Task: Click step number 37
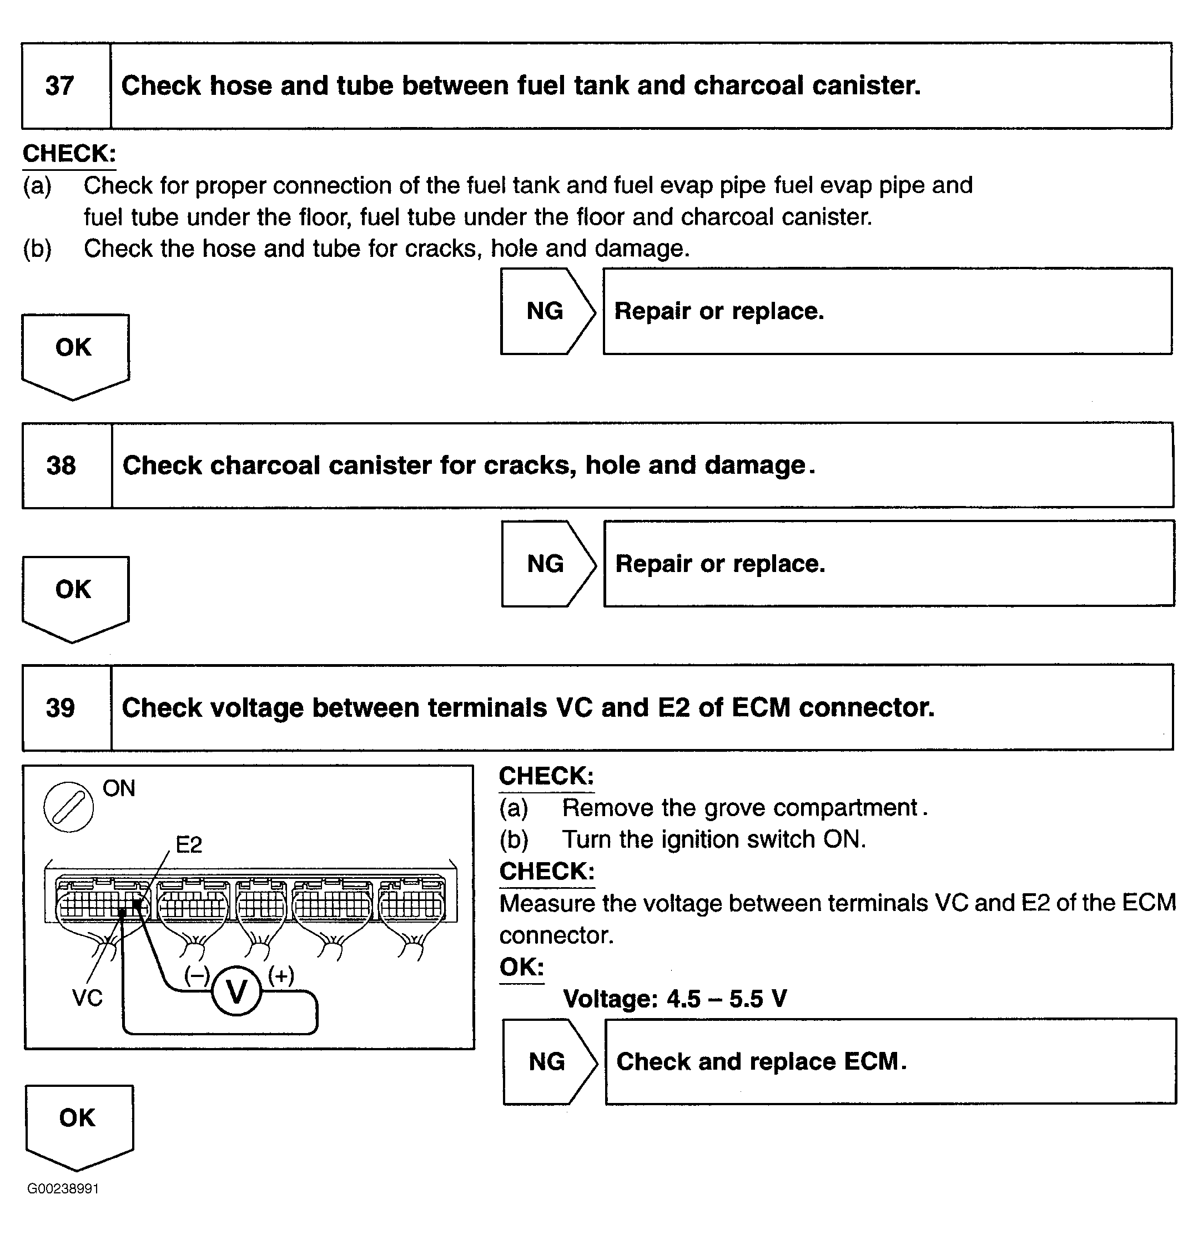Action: click(x=60, y=85)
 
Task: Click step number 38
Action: click(x=61, y=465)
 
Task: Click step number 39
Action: click(x=61, y=707)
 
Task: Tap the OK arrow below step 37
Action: click(x=74, y=353)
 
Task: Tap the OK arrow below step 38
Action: click(x=74, y=595)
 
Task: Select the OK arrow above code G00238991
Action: click(x=78, y=1124)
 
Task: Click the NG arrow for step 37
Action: click(x=546, y=311)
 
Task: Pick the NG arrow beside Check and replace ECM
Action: click(x=548, y=1062)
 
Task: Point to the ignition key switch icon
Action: click(x=69, y=807)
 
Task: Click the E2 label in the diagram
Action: click(x=189, y=845)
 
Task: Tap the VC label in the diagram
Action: click(x=87, y=998)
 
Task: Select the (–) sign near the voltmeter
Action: click(x=197, y=975)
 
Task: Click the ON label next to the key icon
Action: click(x=119, y=788)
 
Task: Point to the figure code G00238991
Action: click(x=63, y=1188)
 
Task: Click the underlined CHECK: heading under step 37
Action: click(x=69, y=154)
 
